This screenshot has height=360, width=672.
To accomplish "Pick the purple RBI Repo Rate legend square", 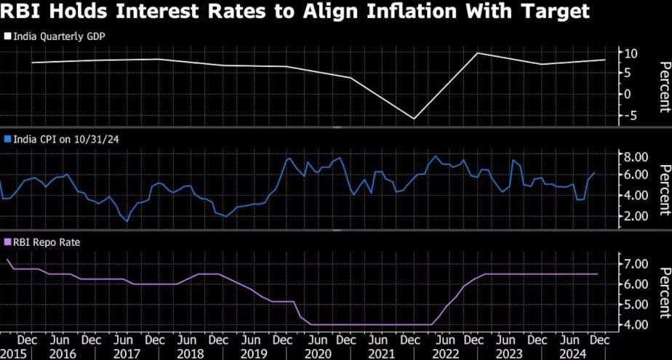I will [x=7, y=241].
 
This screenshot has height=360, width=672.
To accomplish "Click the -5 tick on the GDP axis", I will [x=630, y=115].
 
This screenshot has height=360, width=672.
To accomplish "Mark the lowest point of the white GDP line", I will [x=414, y=119].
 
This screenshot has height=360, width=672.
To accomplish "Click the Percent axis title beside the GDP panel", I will [x=663, y=87].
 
